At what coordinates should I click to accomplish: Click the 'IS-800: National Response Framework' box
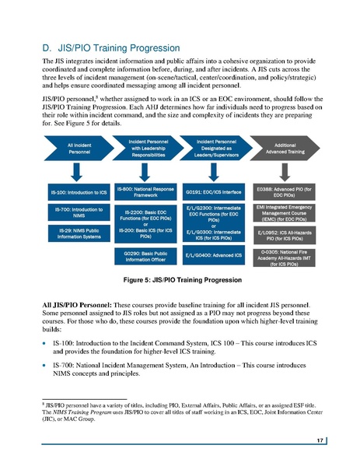(146, 191)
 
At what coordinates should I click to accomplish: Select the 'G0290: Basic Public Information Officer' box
(146, 258)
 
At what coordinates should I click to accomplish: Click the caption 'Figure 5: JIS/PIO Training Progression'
(180, 279)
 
